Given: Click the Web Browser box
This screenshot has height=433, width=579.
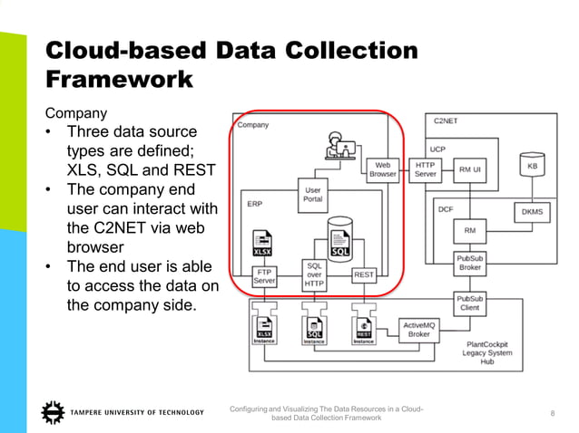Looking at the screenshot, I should (382, 168).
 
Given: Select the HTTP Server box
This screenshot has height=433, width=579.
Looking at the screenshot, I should (425, 168).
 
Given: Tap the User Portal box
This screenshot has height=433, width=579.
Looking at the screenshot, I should (312, 194).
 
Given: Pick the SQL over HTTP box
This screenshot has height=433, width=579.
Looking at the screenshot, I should (314, 275).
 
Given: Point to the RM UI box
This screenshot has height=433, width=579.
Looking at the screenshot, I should (470, 168).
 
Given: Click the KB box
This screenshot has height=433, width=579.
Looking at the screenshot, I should (531, 167).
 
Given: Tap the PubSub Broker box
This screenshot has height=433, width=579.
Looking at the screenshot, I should (469, 263).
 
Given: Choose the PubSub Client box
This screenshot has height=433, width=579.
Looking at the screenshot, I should (469, 303).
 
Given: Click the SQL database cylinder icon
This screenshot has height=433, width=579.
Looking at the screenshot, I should (339, 236).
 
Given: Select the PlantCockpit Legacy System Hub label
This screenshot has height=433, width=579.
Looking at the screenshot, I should (487, 352).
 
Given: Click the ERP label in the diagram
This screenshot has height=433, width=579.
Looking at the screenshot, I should (255, 204).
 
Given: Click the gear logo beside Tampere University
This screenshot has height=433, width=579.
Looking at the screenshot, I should (53, 413).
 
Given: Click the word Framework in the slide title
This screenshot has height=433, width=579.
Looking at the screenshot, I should (119, 79).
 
